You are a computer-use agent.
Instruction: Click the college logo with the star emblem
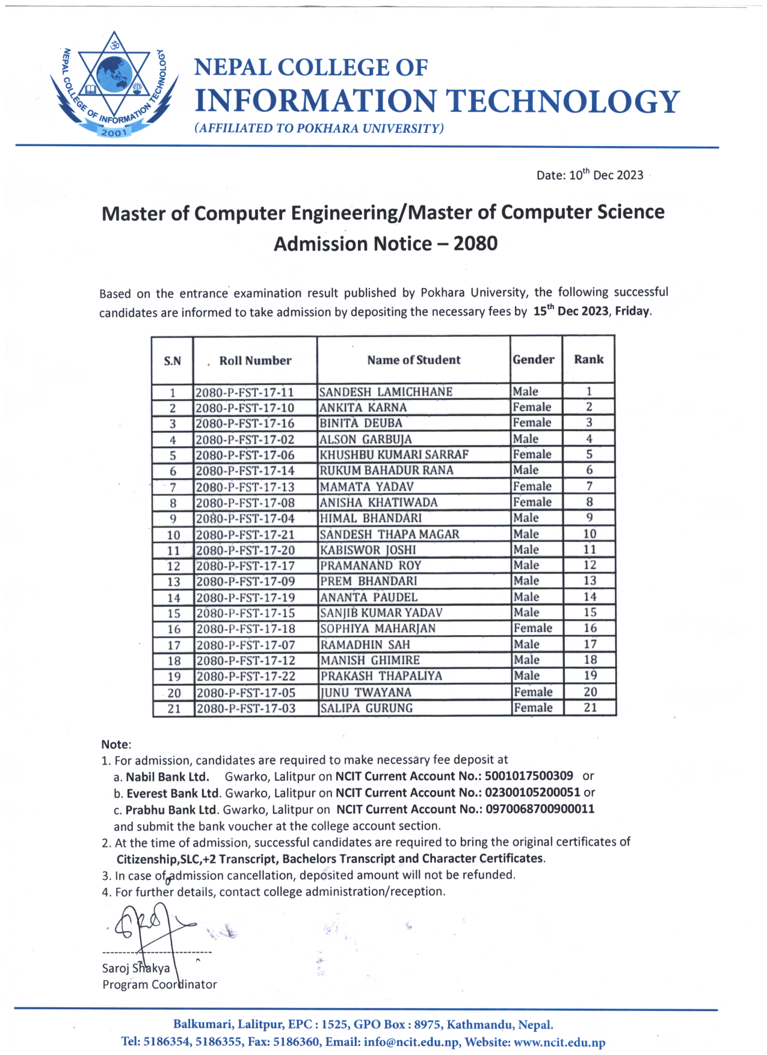pos(114,84)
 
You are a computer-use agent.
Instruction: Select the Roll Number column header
pos(255,360)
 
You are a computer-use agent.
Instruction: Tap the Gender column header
pos(534,360)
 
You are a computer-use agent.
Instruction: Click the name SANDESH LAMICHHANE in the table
pos(386,392)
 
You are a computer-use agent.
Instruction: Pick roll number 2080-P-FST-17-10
pos(245,408)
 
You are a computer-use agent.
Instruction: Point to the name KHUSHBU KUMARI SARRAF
pos(394,455)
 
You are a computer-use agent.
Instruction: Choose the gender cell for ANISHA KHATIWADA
pos(532,502)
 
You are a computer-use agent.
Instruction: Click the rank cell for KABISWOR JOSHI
pos(590,550)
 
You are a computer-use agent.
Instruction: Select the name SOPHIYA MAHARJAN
pos(378,629)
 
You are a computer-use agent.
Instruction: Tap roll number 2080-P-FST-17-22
pos(246,676)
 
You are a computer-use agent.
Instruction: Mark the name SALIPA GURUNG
pos(366,708)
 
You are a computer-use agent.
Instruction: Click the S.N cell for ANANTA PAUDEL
pos(174,598)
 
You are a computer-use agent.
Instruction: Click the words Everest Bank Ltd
pos(173,793)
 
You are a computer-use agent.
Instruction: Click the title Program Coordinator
pos(159,985)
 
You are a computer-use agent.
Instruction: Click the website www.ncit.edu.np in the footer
pos(559,1042)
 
